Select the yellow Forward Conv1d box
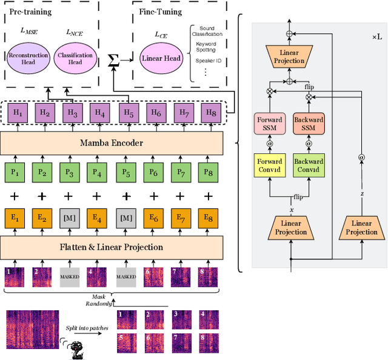coord(268,165)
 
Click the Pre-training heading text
coord(30,12)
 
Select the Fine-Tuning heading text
coord(159,12)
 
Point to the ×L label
coord(377,37)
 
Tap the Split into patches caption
coord(85,328)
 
